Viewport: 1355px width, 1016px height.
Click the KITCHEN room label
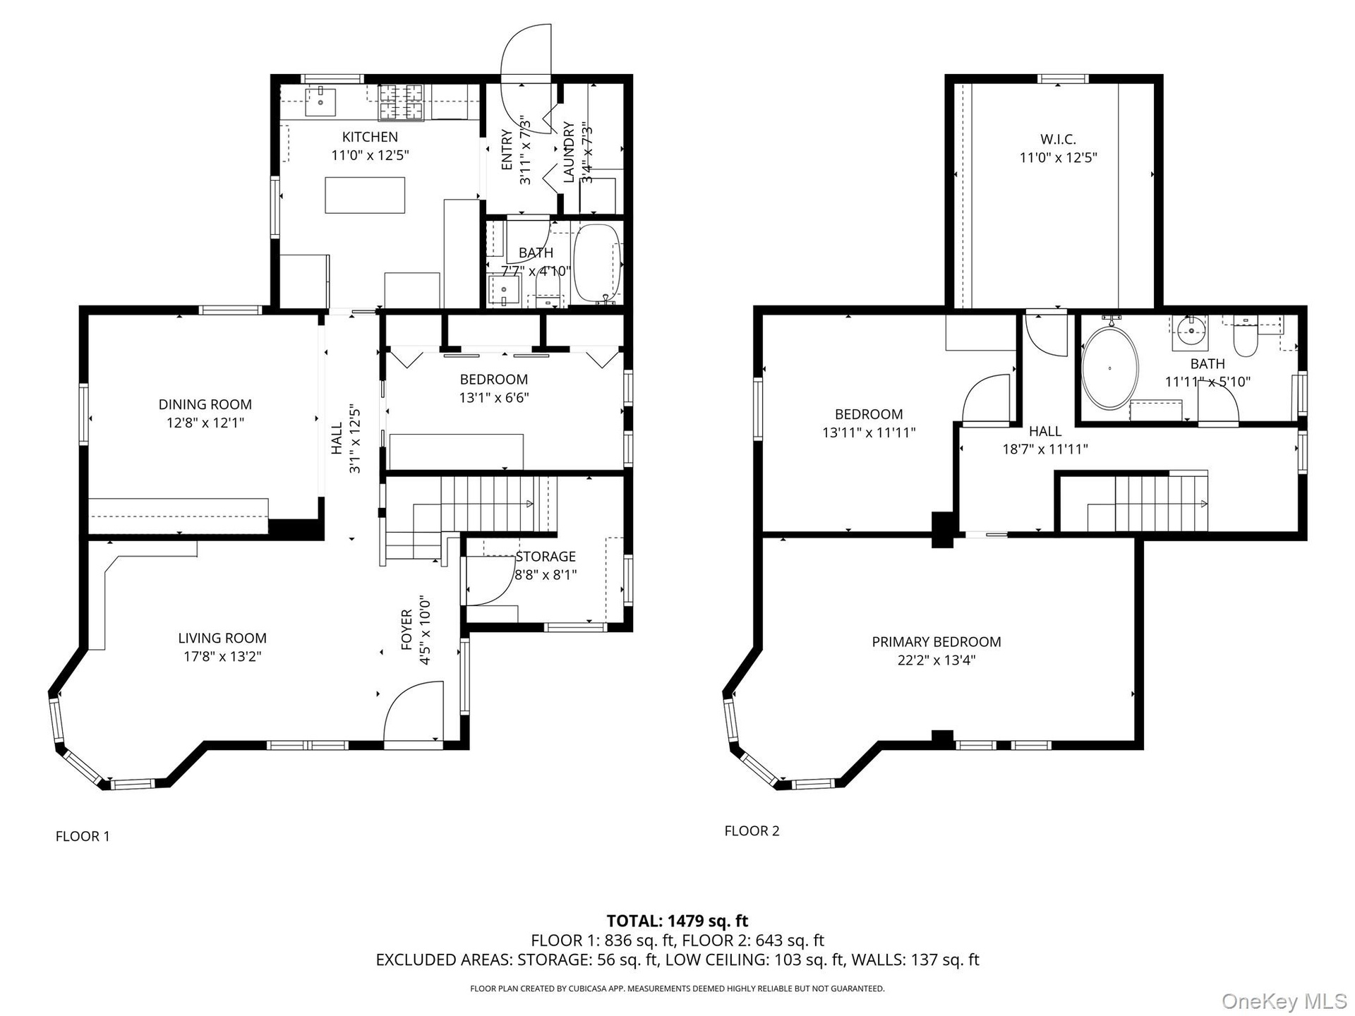coord(370,137)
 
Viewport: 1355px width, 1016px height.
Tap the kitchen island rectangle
coord(365,195)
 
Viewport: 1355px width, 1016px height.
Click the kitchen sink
coord(320,102)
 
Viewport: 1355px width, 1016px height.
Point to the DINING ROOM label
coord(205,404)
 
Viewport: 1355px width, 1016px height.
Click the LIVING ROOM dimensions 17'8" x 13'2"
coord(222,656)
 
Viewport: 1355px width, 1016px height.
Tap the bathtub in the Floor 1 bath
coord(598,263)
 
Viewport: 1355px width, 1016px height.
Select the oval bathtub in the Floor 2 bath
coord(1110,368)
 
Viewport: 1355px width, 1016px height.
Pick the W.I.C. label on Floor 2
coord(1058,140)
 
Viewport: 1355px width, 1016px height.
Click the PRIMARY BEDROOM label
coord(937,642)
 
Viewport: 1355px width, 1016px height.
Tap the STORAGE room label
coord(546,557)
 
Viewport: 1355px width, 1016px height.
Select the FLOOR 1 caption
coord(83,836)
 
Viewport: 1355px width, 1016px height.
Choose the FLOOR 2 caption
coord(752,830)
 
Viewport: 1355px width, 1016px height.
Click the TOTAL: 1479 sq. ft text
coord(677,921)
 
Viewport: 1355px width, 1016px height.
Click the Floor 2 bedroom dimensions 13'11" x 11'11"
coord(869,433)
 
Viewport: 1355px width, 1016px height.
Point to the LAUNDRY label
coord(569,152)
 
